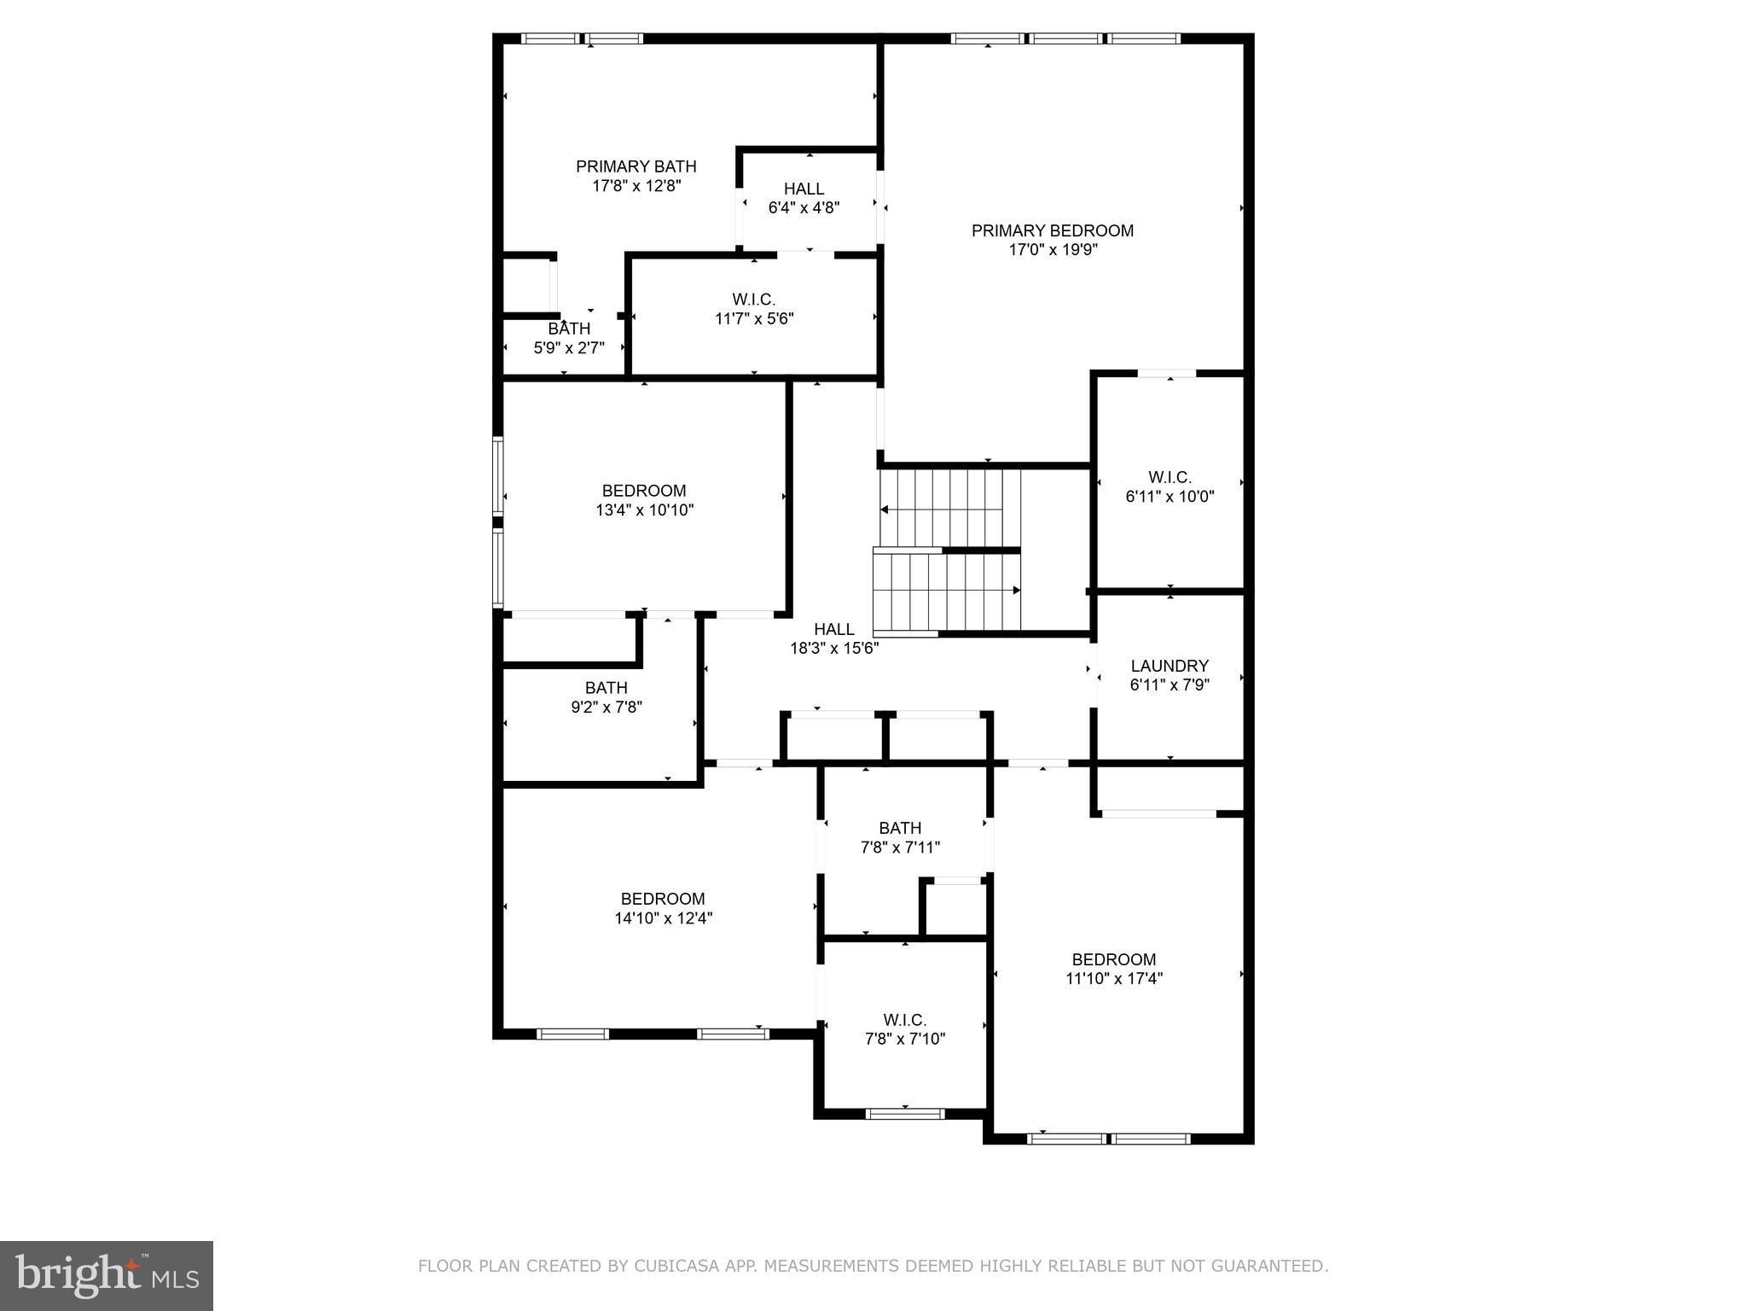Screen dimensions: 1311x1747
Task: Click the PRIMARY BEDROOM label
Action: tap(1052, 230)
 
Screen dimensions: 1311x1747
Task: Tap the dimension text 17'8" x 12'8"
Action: tap(636, 185)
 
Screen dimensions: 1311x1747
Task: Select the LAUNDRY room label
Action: tap(1170, 666)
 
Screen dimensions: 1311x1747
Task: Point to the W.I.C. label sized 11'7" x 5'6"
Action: tap(753, 300)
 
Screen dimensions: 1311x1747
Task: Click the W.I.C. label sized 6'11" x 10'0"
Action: tap(1170, 477)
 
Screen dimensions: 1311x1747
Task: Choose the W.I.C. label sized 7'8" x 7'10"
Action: tap(904, 1020)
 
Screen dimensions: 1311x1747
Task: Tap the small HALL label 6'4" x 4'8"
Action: tap(804, 189)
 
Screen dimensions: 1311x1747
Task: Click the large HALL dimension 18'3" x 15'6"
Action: tap(833, 648)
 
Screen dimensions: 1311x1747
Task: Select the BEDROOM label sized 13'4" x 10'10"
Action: tap(644, 491)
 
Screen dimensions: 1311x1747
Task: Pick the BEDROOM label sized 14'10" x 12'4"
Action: tap(663, 899)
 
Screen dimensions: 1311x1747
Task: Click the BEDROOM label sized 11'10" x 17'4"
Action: tap(1114, 959)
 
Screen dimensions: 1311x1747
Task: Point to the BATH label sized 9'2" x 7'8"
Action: tap(606, 688)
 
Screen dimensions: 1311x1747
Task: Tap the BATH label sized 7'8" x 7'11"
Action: tap(900, 828)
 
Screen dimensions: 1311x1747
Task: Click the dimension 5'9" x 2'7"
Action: tap(568, 347)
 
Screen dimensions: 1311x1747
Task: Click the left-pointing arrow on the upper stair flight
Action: tap(885, 510)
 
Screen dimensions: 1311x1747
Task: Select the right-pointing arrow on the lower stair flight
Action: tap(1015, 590)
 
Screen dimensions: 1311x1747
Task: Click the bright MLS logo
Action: tap(107, 1275)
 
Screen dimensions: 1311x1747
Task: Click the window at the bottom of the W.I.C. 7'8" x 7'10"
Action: tap(905, 1114)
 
